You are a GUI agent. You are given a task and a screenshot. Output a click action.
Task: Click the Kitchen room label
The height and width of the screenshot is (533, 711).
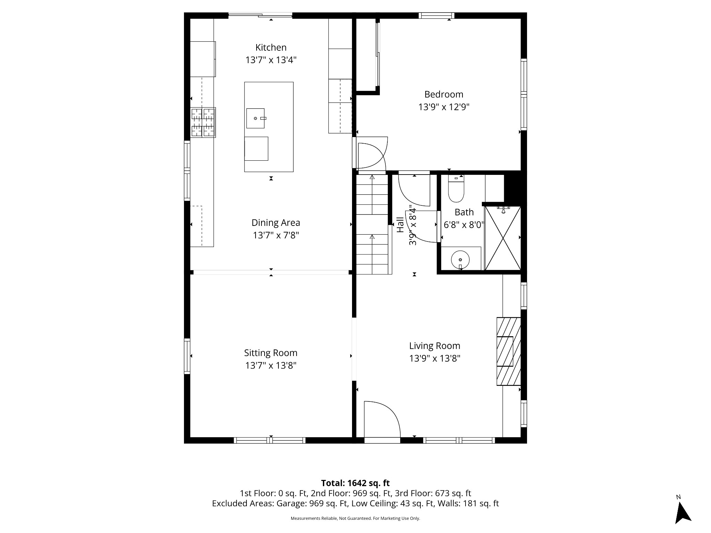271,48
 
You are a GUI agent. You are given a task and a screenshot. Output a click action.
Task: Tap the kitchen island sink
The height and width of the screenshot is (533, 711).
256,118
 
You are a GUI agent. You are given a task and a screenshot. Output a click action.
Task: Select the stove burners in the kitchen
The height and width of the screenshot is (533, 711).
203,122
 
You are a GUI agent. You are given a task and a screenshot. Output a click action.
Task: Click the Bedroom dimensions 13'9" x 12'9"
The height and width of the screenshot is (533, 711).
444,107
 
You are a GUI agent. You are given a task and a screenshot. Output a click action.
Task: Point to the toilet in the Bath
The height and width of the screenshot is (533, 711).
456,193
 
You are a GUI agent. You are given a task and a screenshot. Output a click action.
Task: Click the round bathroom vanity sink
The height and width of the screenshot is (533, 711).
460,260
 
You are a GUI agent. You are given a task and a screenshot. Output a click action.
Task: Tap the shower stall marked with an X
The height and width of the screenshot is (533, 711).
503,238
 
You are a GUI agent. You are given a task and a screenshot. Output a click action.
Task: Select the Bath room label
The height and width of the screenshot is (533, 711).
464,212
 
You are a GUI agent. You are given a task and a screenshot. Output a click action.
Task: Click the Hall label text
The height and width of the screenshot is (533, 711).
400,225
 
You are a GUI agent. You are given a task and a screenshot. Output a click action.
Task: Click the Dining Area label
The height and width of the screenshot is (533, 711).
276,223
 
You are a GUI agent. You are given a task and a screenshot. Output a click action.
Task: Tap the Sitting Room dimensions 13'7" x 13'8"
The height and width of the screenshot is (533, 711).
271,365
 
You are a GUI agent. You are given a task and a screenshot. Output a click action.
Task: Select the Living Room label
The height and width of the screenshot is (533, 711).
435,346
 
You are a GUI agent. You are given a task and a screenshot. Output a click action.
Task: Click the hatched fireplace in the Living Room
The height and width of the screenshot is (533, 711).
509,351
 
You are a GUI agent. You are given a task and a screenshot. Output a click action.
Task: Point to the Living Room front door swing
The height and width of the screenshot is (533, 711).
382,420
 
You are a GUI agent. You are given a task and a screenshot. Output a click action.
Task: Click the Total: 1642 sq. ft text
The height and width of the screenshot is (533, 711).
355,483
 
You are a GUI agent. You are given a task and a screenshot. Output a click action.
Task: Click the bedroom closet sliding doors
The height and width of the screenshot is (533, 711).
378,54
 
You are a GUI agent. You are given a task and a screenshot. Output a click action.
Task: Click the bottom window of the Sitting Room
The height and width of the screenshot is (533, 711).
270,440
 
